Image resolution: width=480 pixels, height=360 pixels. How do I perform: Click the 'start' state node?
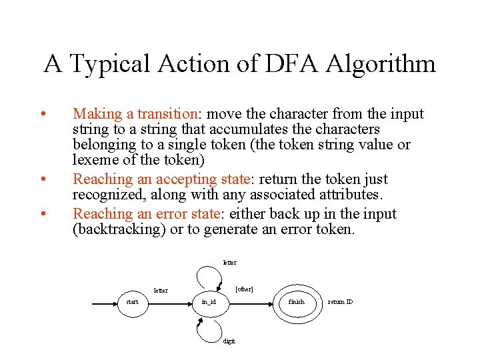pos(132,302)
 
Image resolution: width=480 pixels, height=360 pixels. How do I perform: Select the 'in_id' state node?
pos(209,302)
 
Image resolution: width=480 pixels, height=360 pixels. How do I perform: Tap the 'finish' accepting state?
pos(296,302)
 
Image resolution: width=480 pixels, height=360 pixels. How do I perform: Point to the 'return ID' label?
pos(340,302)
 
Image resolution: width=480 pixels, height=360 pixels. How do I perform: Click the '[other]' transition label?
pos(245,289)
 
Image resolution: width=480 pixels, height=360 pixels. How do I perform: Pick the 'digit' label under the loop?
pos(229,341)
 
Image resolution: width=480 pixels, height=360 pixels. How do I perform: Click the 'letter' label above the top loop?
pos(229,263)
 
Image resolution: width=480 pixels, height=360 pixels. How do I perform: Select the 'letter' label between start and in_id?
pos(161,291)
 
